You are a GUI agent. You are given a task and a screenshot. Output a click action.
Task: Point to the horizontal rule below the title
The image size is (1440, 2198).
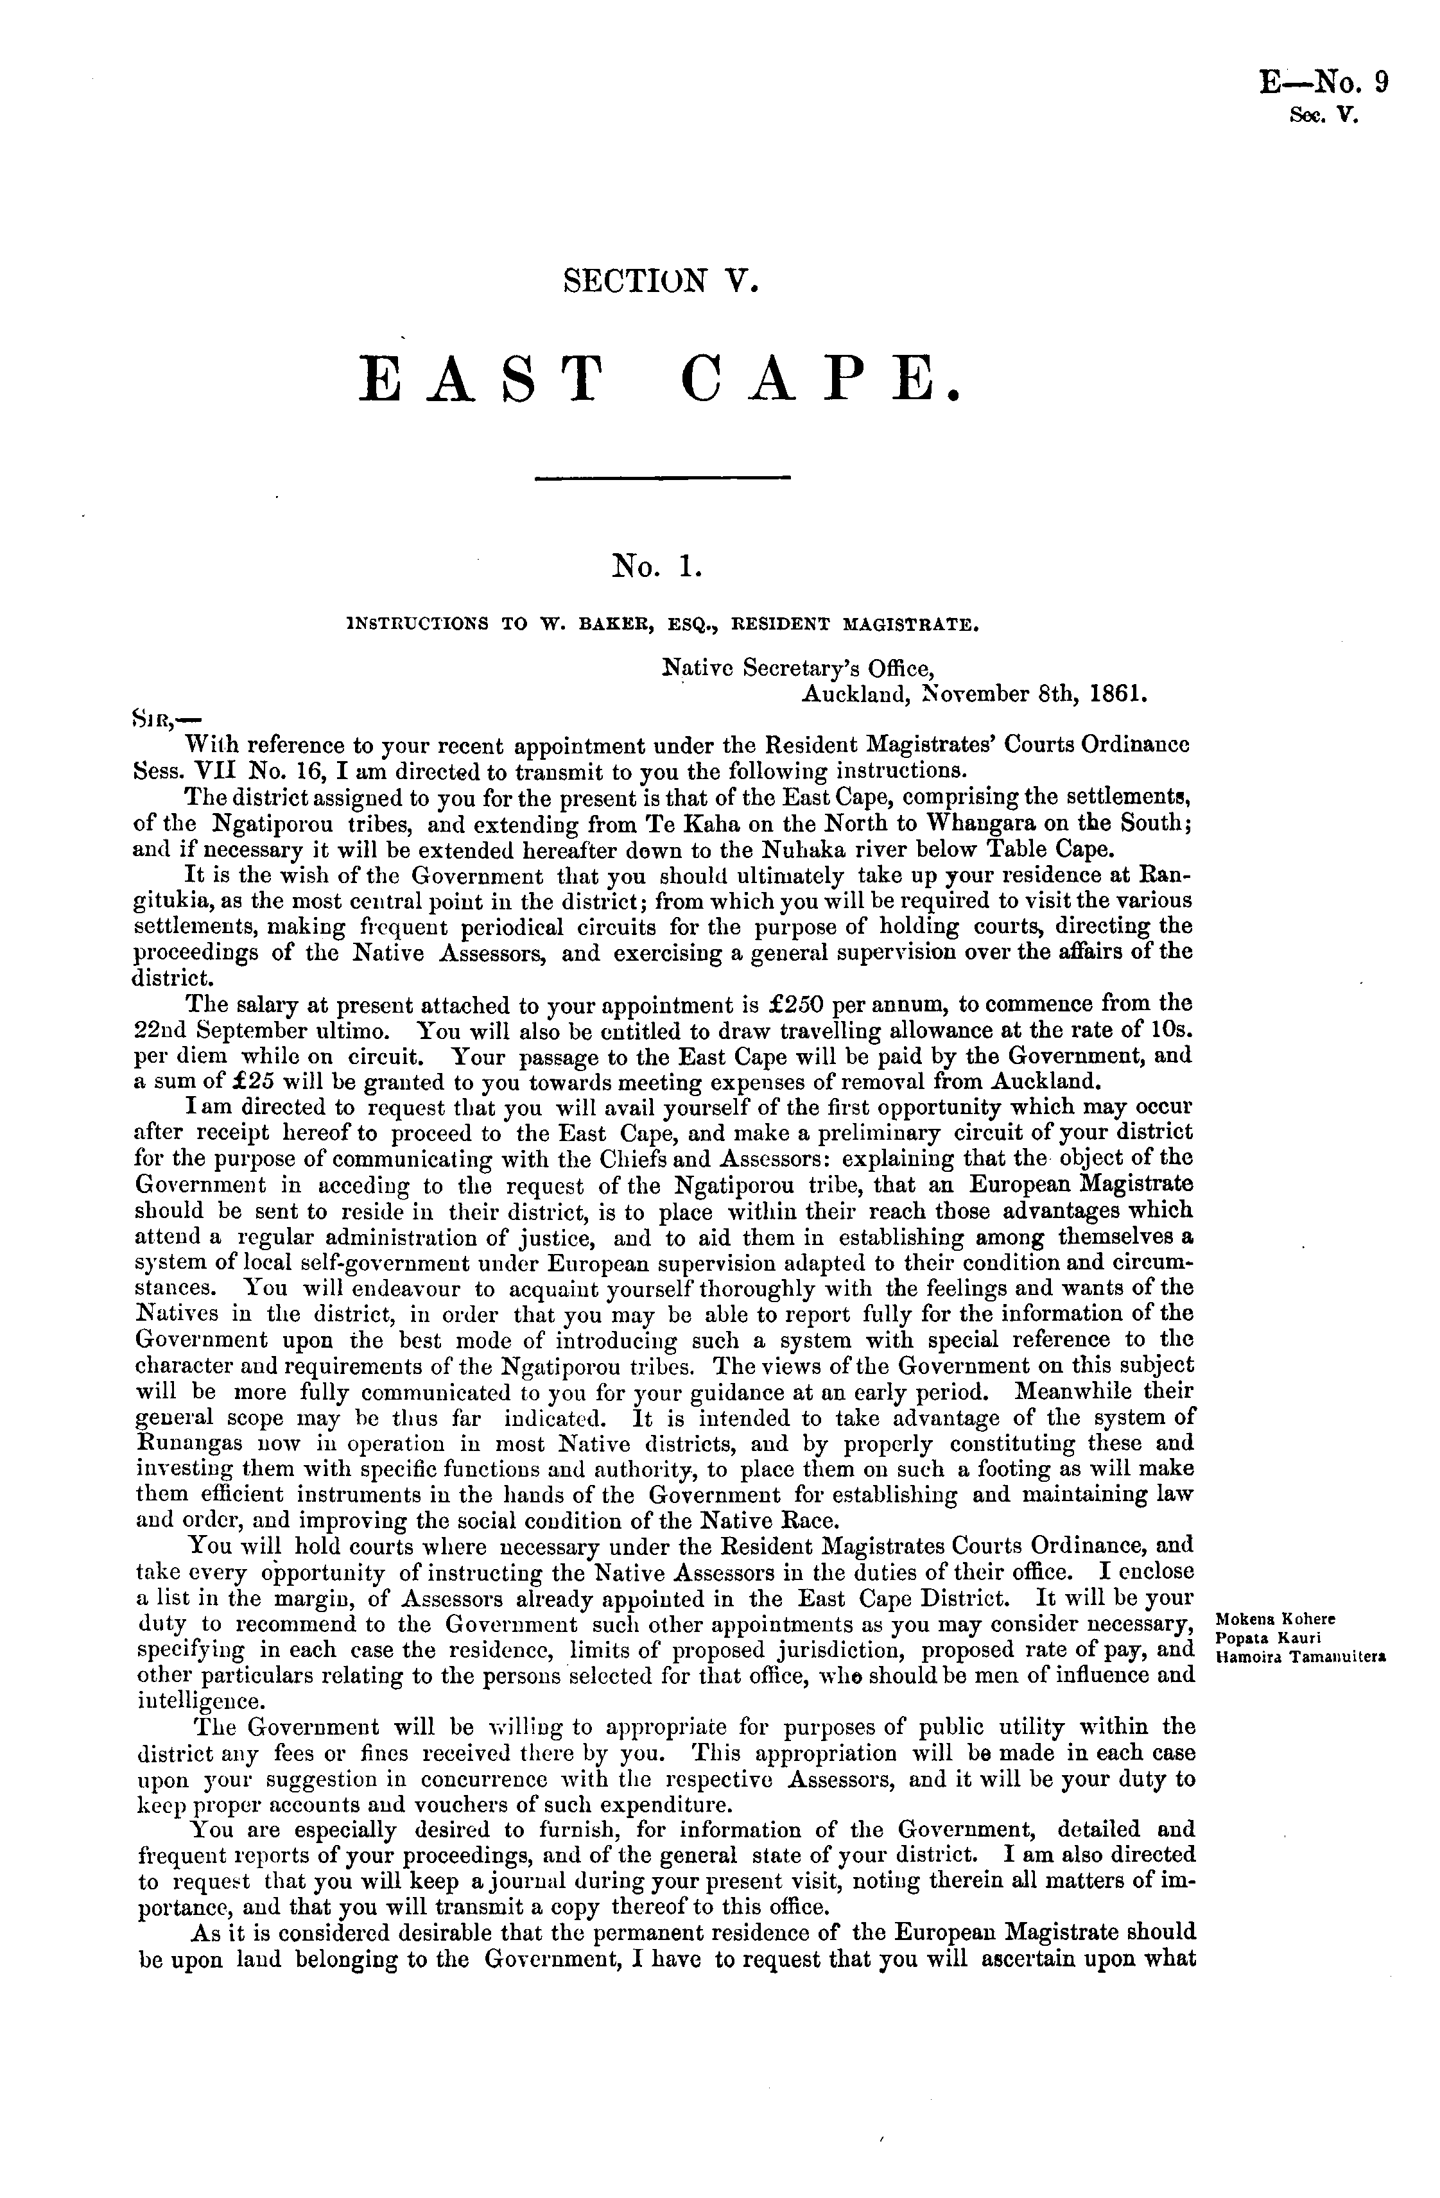[x=663, y=477]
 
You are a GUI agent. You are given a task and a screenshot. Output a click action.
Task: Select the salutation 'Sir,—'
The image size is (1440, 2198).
[x=166, y=717]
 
